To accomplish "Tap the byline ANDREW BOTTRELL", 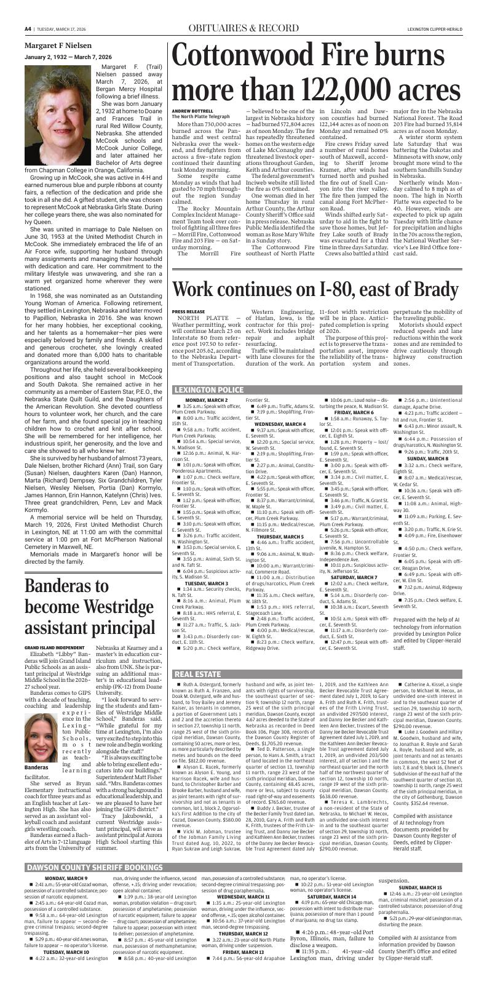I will [x=191, y=110].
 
